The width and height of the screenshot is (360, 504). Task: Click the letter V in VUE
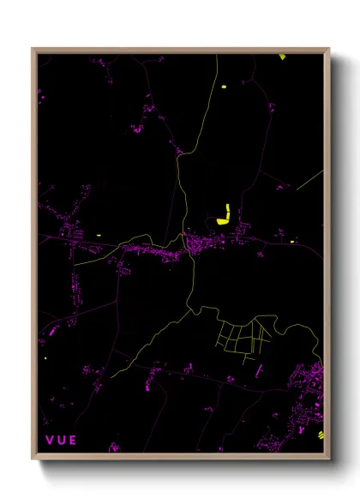pyautogui.click(x=49, y=441)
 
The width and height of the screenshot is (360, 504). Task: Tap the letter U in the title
pyautogui.click(x=61, y=441)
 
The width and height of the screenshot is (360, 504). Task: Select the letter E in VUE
pyautogui.click(x=73, y=441)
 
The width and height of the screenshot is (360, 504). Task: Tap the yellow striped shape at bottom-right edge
pyautogui.click(x=321, y=434)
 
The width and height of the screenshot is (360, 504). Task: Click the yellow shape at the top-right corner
pyautogui.click(x=282, y=57)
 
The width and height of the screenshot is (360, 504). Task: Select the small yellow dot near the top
pyautogui.click(x=223, y=87)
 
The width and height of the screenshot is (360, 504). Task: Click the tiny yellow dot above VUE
pyautogui.click(x=45, y=359)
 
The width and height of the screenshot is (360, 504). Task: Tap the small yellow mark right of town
pyautogui.click(x=292, y=242)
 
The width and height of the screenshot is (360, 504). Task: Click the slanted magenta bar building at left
pyautogui.click(x=52, y=329)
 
